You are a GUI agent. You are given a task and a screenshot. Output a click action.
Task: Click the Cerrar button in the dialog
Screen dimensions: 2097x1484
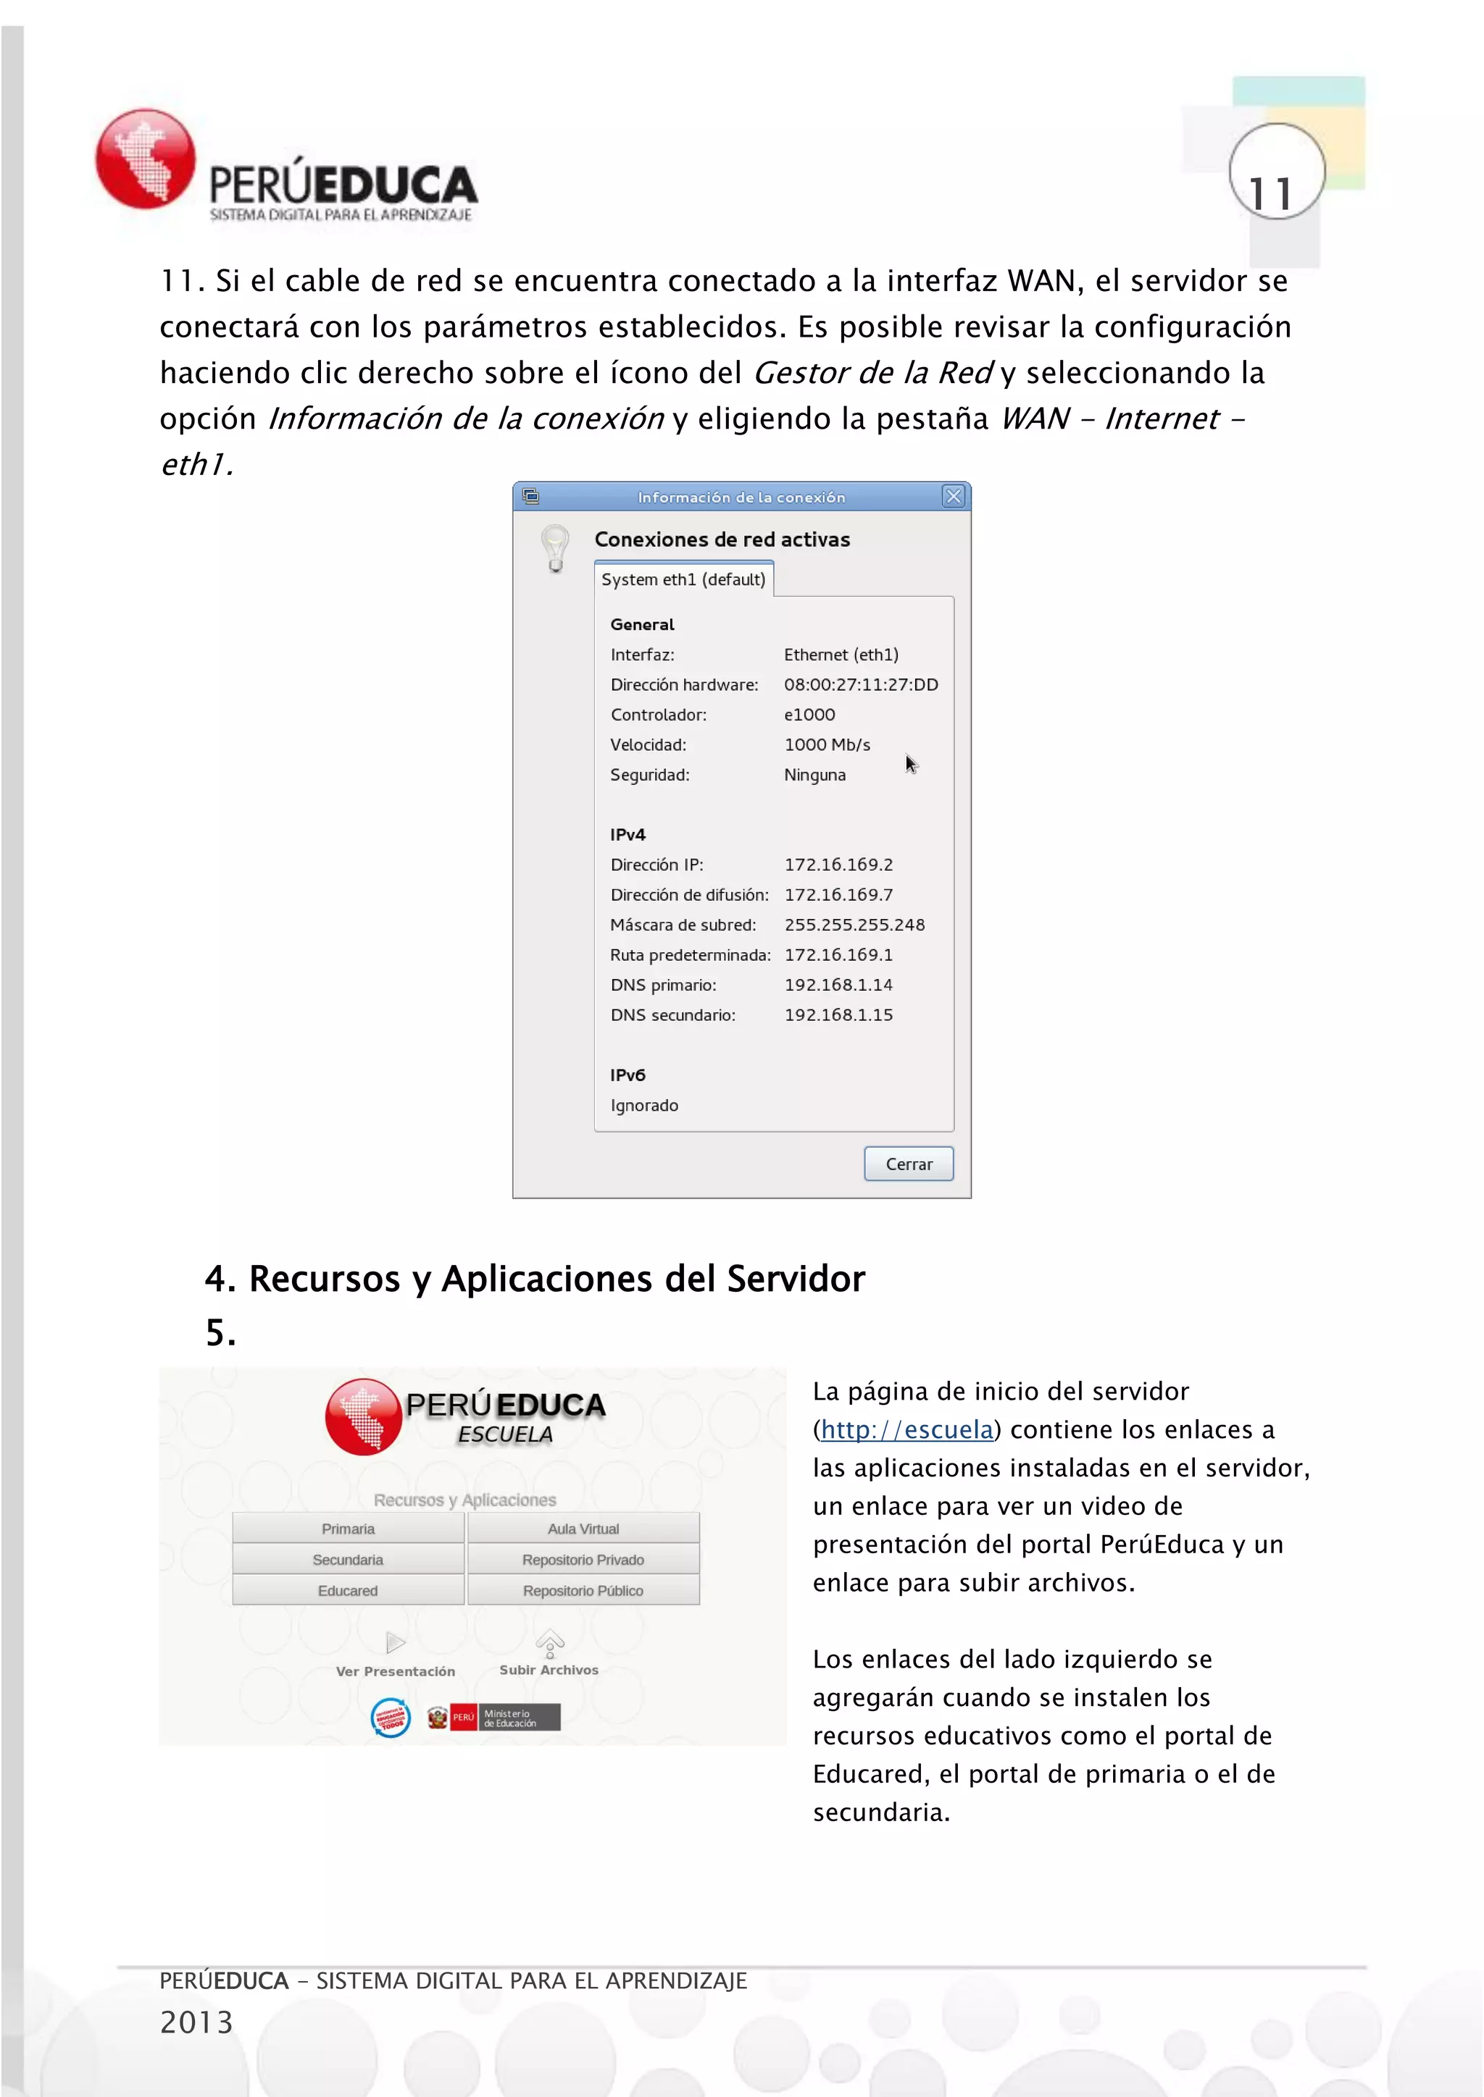(909, 1164)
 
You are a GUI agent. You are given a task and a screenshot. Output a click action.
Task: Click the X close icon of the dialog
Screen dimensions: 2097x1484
(953, 496)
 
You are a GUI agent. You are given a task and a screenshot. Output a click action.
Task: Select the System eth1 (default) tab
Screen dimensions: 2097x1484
(683, 579)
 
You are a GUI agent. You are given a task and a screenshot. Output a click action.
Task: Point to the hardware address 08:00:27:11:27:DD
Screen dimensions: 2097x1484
(861, 684)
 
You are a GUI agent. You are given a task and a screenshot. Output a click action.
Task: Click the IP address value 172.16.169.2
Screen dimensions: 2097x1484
(838, 864)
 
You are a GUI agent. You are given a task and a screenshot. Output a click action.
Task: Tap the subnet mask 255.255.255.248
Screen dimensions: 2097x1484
(854, 924)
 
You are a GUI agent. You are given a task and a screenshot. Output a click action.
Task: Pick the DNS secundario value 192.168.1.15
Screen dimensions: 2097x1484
(838, 1014)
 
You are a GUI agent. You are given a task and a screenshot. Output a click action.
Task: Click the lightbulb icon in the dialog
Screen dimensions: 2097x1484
(554, 547)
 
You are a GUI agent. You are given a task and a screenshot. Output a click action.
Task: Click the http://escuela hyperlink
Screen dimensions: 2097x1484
(906, 1429)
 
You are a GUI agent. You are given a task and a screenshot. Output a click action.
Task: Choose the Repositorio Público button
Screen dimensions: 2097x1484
(583, 1590)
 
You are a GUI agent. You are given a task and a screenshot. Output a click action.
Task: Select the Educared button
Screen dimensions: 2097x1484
(347, 1590)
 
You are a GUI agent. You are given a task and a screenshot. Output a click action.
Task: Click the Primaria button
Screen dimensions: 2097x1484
(347, 1529)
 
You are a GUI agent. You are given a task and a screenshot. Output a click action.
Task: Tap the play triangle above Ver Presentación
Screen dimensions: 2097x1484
(396, 1643)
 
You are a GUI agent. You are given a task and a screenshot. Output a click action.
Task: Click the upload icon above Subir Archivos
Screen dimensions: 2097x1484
(549, 1643)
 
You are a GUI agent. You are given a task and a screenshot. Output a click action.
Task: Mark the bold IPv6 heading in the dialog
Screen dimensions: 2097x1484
(628, 1075)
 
